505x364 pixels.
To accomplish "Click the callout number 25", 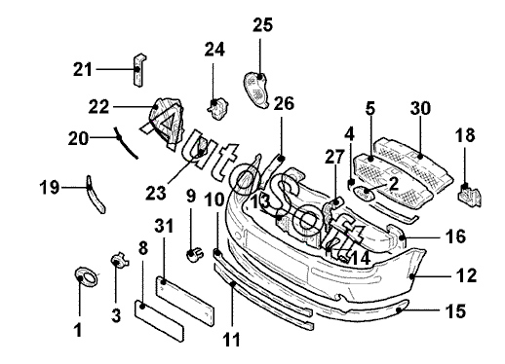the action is pos(263,25).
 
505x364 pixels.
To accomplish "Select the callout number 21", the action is pos(83,69).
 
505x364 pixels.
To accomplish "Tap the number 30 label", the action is pos(420,108).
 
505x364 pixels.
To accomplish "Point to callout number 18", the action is pos(465,135).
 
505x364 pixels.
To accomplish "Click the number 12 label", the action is pos(467,275).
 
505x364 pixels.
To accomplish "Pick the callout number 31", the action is pos(164,226).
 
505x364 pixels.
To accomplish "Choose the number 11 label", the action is pos(231,340).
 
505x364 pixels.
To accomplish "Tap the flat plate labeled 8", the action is pos(159,320).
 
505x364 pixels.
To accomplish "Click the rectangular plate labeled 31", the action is pos(185,301).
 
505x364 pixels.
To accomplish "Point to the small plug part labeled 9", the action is pos(195,254).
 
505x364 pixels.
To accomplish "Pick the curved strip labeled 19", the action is pos(95,196).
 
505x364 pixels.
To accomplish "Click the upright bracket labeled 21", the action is pos(139,70).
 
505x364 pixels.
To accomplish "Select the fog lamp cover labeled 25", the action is pos(256,91).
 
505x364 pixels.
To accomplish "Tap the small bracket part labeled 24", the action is pos(217,108).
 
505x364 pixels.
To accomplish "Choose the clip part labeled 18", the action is pos(470,196).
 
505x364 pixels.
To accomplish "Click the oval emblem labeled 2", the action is pos(364,193).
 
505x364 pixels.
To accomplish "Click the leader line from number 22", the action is pos(134,107).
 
